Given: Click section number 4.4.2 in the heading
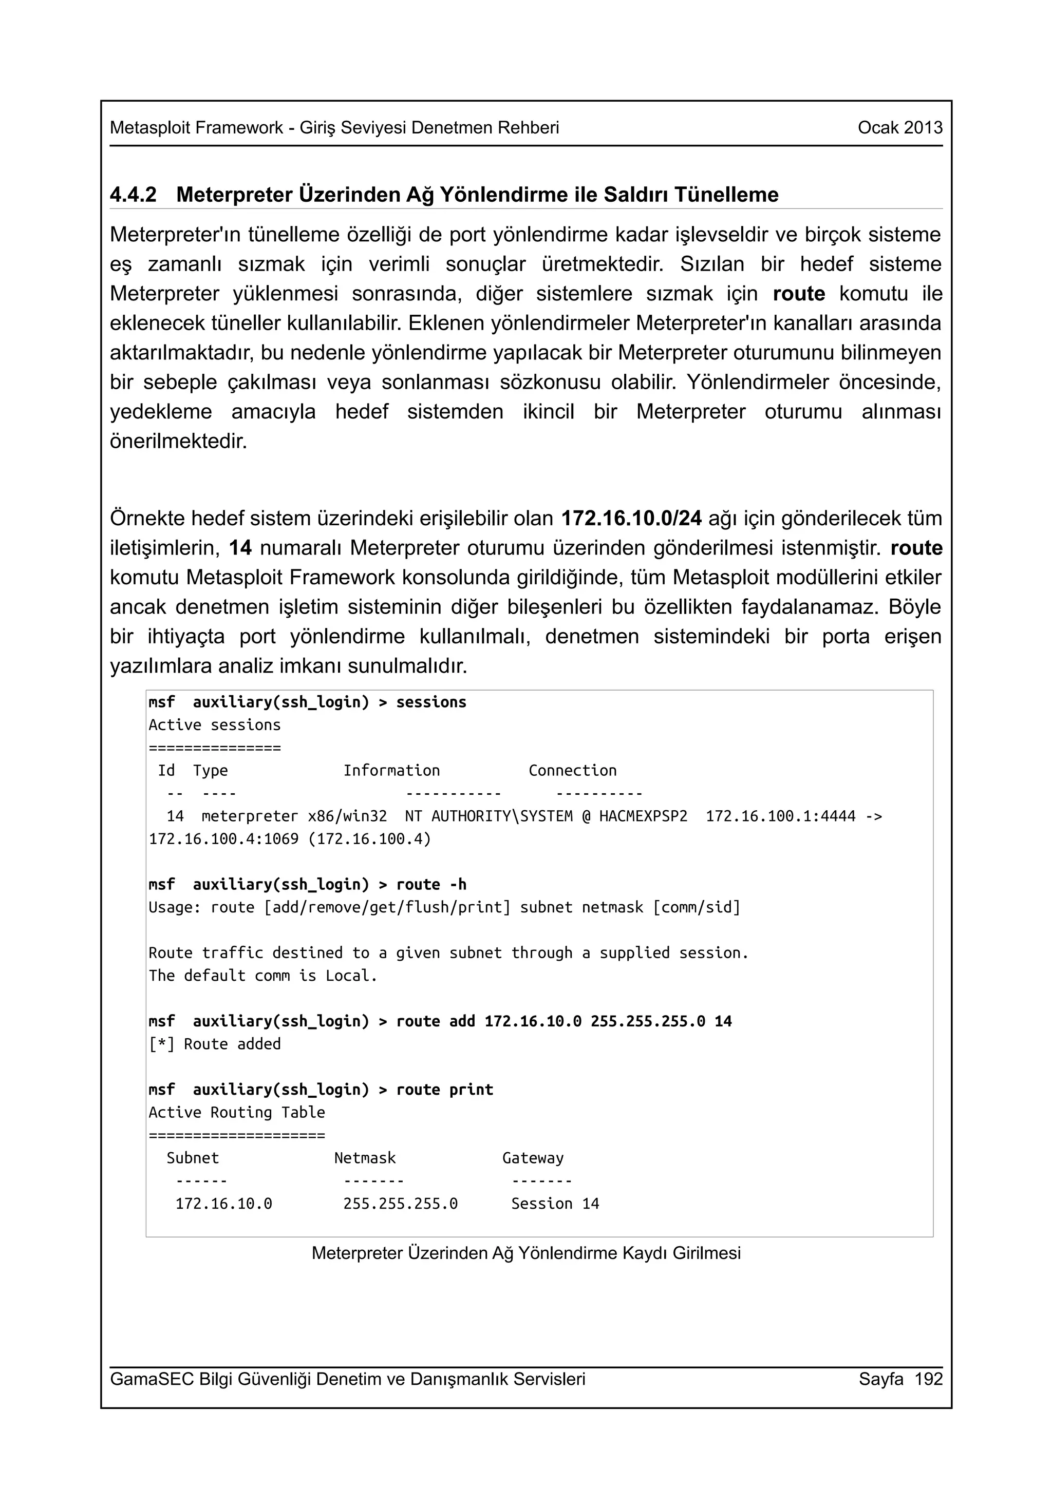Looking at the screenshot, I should click(133, 195).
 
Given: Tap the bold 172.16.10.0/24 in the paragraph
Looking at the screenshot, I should click(631, 519).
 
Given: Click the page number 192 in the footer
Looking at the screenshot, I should click(928, 1379).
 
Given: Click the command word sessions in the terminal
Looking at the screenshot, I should click(431, 702).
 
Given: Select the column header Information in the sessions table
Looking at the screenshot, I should click(391, 771).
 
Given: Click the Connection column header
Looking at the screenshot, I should click(572, 771).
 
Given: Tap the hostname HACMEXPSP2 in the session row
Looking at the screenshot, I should click(643, 816).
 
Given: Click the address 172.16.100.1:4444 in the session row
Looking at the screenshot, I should click(780, 816).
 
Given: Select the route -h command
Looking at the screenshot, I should click(431, 885).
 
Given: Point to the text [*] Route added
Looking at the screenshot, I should click(215, 1044).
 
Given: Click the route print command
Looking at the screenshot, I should click(445, 1090).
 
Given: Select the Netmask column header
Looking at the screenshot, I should click(364, 1158).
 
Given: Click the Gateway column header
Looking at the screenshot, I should click(533, 1158).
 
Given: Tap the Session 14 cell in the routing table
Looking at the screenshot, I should click(555, 1204).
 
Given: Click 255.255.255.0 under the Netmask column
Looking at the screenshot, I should click(400, 1204).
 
